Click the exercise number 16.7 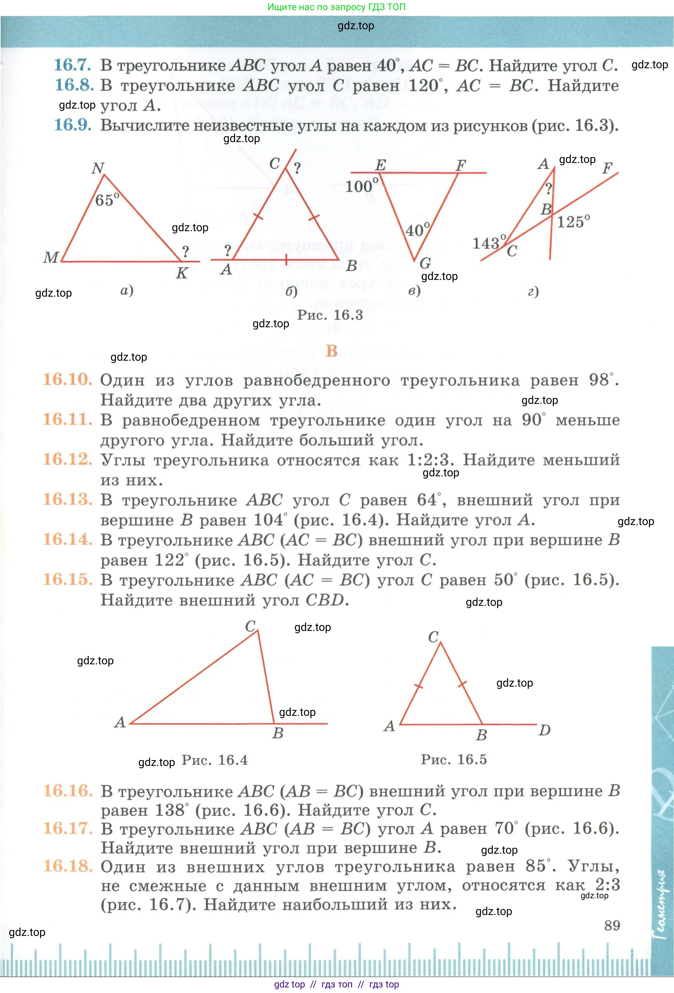click(x=72, y=65)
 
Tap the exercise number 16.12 click(x=68, y=459)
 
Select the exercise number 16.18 click(x=68, y=866)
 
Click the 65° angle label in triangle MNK click(x=107, y=200)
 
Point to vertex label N click(x=98, y=168)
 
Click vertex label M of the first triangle click(x=51, y=257)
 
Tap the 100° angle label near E click(x=362, y=186)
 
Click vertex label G click(x=425, y=262)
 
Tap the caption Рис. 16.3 click(x=330, y=315)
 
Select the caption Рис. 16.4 click(x=215, y=760)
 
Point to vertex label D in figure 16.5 click(x=544, y=730)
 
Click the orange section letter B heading click(x=332, y=351)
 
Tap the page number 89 click(x=612, y=925)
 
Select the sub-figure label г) click(x=533, y=291)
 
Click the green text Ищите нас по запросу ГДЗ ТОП click(x=336, y=7)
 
